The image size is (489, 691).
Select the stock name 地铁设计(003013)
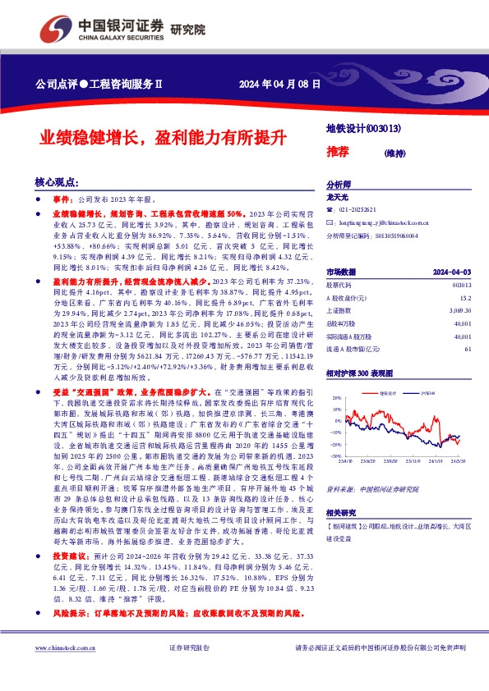363,128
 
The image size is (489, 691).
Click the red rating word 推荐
337,151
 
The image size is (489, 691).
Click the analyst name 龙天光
338,198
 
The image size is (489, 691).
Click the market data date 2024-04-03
453,271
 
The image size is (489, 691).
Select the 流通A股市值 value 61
467,350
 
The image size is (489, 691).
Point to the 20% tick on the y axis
337,397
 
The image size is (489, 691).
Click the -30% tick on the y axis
336,455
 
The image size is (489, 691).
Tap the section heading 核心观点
56,181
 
